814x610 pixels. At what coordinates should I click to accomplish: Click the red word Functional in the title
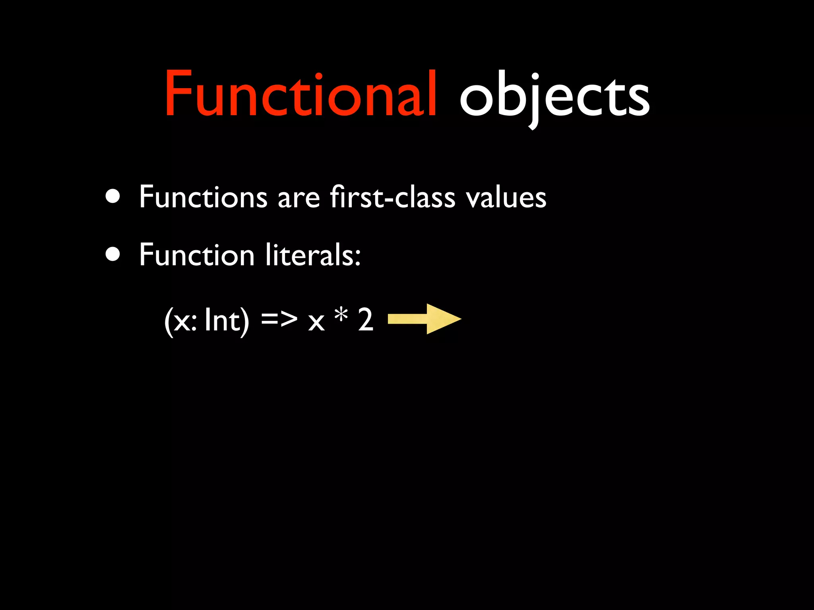pos(301,95)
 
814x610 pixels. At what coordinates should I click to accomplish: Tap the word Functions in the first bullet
pos(203,197)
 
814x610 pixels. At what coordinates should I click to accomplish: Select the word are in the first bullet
pos(298,199)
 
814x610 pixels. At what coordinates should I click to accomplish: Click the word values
pos(506,197)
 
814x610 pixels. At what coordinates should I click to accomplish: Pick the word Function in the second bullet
pos(197,255)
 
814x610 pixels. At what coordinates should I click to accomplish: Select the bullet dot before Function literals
pos(113,255)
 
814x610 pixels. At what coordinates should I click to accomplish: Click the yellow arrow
pos(424,319)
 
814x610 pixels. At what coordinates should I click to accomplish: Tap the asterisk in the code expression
pos(341,315)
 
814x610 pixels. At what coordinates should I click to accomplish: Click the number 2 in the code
pos(366,320)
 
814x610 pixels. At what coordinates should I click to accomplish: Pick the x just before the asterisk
pos(316,322)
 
